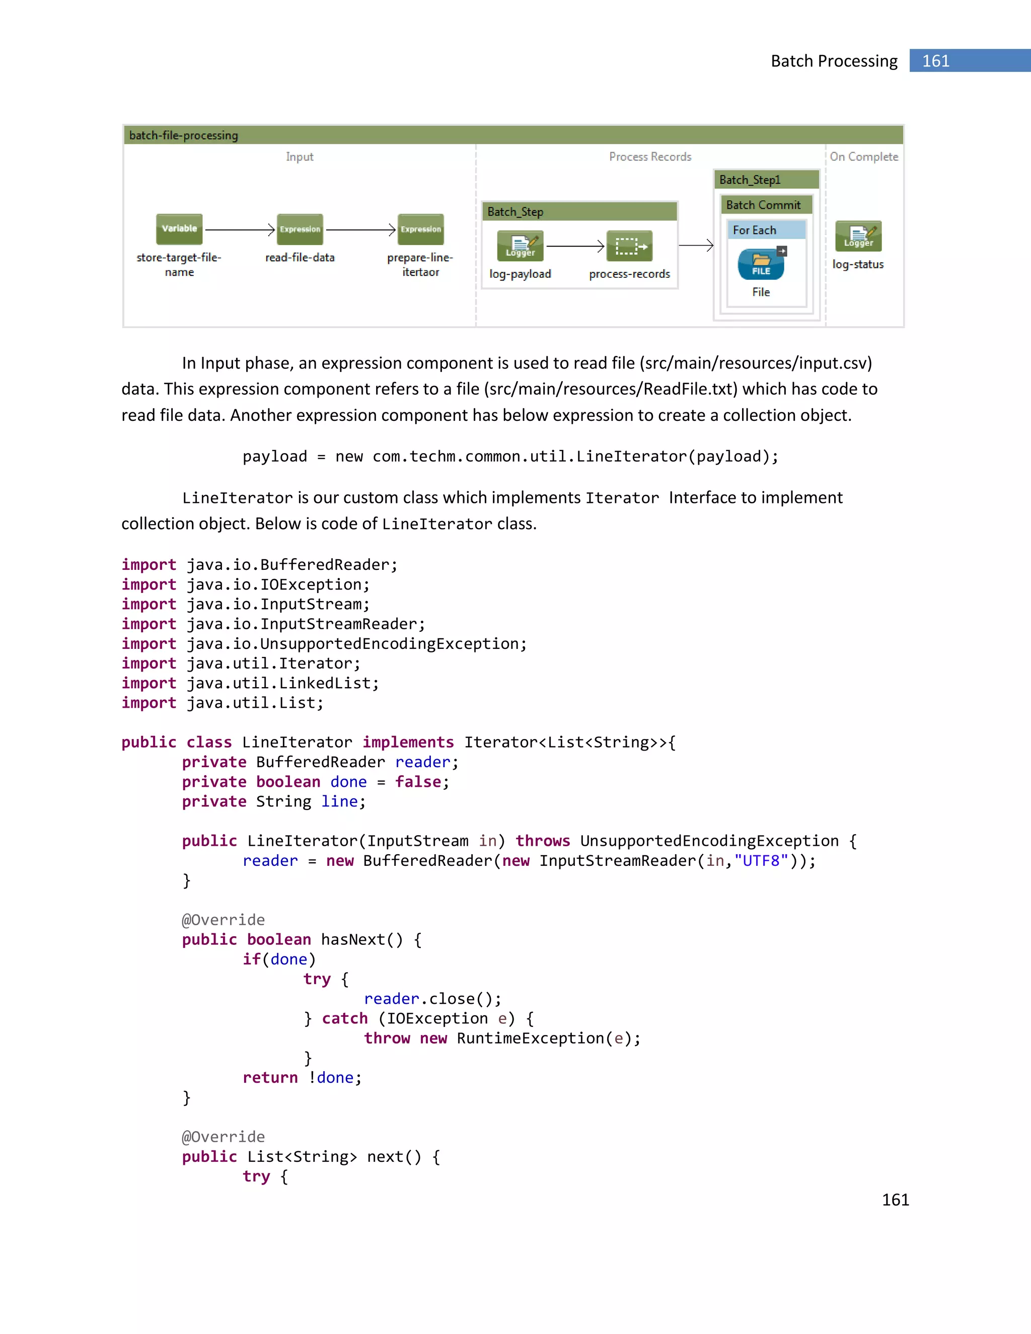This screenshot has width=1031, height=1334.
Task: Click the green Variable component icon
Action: pyautogui.click(x=179, y=229)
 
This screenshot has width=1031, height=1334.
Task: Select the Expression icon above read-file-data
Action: pyautogui.click(x=300, y=229)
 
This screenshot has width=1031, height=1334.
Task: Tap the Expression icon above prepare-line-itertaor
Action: pyautogui.click(x=420, y=229)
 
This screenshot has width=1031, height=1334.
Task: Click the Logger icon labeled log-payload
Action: pyautogui.click(x=520, y=246)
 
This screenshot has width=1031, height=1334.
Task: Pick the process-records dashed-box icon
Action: pyautogui.click(x=629, y=246)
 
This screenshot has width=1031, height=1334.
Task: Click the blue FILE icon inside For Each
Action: pyautogui.click(x=761, y=264)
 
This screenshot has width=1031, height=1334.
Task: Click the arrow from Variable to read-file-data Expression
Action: pyautogui.click(x=240, y=230)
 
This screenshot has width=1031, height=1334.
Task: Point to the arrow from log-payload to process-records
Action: pyautogui.click(x=574, y=246)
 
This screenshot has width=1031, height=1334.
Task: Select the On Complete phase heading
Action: pyautogui.click(x=864, y=157)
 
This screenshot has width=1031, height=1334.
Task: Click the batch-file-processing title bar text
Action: pyautogui.click(x=183, y=135)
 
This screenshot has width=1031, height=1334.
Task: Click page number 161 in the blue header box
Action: pyautogui.click(x=935, y=61)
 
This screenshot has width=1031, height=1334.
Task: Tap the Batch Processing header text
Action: pyautogui.click(x=834, y=61)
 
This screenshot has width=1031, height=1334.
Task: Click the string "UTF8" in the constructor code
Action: pyautogui.click(x=761, y=861)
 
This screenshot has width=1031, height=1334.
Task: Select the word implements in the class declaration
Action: pyautogui.click(x=408, y=742)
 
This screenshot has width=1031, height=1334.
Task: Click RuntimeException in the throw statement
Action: pyautogui.click(x=530, y=1039)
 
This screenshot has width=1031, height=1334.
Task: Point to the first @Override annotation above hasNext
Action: pyautogui.click(x=224, y=920)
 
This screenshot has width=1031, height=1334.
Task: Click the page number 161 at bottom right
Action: pyautogui.click(x=896, y=1200)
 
